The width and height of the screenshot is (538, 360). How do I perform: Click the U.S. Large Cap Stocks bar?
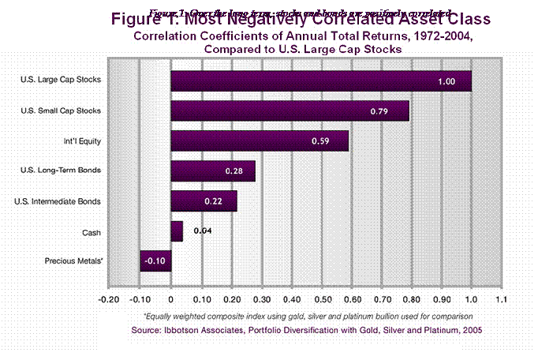pyautogui.click(x=320, y=81)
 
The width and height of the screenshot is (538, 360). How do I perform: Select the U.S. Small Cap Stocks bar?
pyautogui.click(x=290, y=111)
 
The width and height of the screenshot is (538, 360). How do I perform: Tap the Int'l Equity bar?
pyautogui.click(x=260, y=141)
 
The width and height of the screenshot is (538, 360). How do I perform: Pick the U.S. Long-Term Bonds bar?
pyautogui.click(x=213, y=171)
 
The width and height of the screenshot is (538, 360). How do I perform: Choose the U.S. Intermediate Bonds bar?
pyautogui.click(x=204, y=201)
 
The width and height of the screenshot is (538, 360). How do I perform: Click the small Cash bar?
pyautogui.click(x=177, y=231)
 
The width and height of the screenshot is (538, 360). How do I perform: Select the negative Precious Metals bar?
pyautogui.click(x=155, y=261)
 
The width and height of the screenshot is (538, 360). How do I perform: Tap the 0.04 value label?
pyautogui.click(x=202, y=231)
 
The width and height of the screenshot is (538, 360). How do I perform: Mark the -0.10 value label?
pyautogui.click(x=155, y=261)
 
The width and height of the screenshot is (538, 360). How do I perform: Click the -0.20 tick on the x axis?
pyautogui.click(x=110, y=300)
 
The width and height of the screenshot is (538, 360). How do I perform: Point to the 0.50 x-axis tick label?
pyautogui.click(x=322, y=300)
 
